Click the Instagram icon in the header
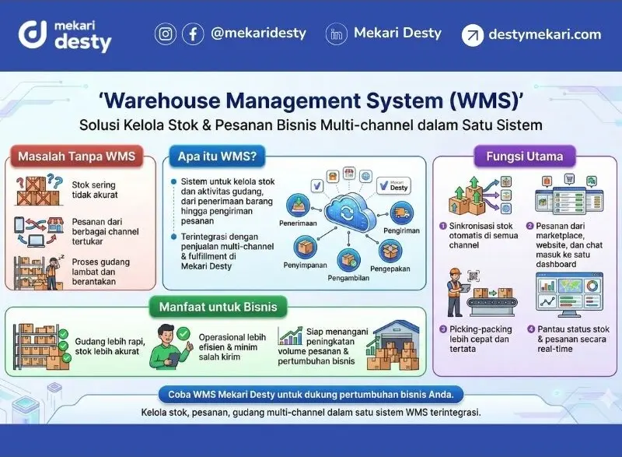tap(166, 34)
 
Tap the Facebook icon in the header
tap(193, 34)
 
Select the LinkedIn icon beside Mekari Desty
tap(337, 34)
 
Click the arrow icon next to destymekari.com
tap(472, 35)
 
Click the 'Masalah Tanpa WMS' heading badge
tap(76, 156)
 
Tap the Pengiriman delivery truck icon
tap(401, 212)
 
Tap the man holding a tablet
tap(166, 346)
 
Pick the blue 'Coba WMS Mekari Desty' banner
tap(310, 393)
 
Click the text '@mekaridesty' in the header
tap(258, 33)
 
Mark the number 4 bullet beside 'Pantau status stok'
tap(531, 329)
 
